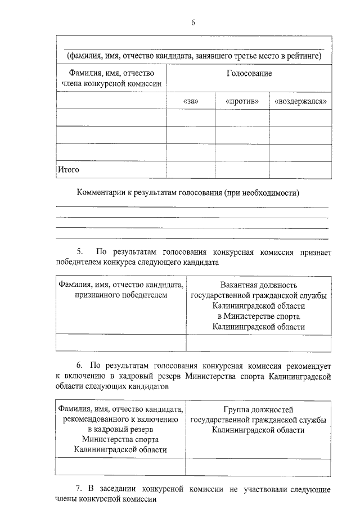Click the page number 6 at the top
(x=193, y=22)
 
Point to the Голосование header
(x=249, y=74)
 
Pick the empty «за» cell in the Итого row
(x=191, y=169)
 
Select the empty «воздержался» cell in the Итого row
(x=300, y=169)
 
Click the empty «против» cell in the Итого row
(x=242, y=169)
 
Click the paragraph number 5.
(x=79, y=251)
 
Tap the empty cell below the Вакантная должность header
(x=258, y=343)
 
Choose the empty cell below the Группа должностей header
(x=258, y=467)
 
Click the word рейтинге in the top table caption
(x=304, y=56)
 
